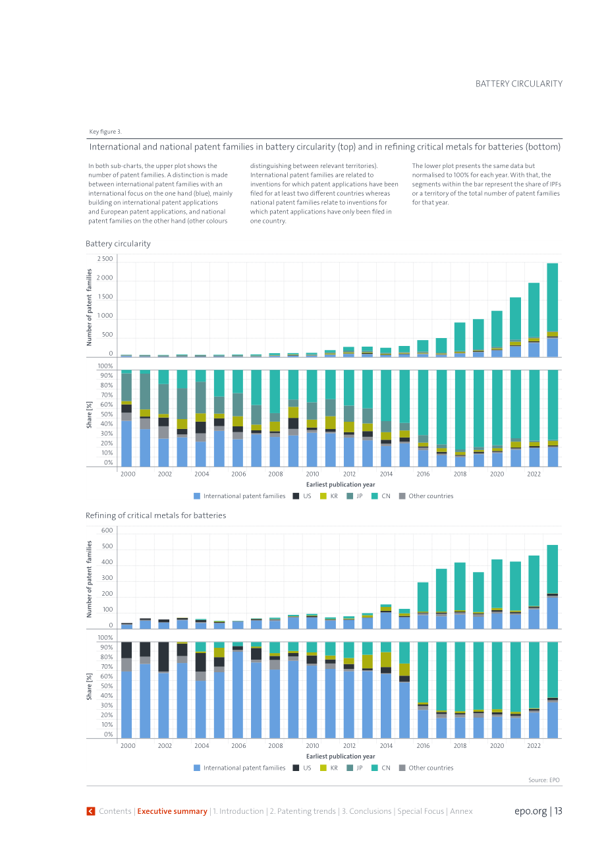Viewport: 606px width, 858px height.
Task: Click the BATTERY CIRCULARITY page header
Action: click(518, 84)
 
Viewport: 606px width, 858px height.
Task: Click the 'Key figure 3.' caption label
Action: click(105, 131)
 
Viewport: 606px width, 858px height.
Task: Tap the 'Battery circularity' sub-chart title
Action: click(118, 244)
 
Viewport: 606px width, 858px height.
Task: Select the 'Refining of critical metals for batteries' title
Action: click(156, 515)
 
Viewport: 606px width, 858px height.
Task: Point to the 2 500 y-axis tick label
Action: click(105, 258)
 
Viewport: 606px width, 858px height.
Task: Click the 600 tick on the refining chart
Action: click(107, 530)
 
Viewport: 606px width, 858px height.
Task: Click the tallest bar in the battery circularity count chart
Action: click(552, 310)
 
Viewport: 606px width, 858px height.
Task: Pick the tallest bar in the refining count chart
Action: click(552, 586)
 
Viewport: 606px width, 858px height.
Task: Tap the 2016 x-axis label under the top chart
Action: click(423, 474)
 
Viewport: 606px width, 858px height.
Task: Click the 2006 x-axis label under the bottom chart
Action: click(238, 745)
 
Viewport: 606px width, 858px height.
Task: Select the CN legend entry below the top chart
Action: click(381, 496)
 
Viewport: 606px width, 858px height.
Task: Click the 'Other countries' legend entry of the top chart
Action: click(426, 496)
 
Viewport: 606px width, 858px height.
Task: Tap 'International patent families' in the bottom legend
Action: click(240, 768)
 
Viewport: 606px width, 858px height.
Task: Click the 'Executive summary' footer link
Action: click(173, 811)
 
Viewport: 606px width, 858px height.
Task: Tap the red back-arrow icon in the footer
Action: click(91, 811)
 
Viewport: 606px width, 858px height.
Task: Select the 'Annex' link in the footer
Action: click(461, 811)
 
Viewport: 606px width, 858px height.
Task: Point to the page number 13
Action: click(559, 811)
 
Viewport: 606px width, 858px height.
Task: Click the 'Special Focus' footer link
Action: click(421, 811)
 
